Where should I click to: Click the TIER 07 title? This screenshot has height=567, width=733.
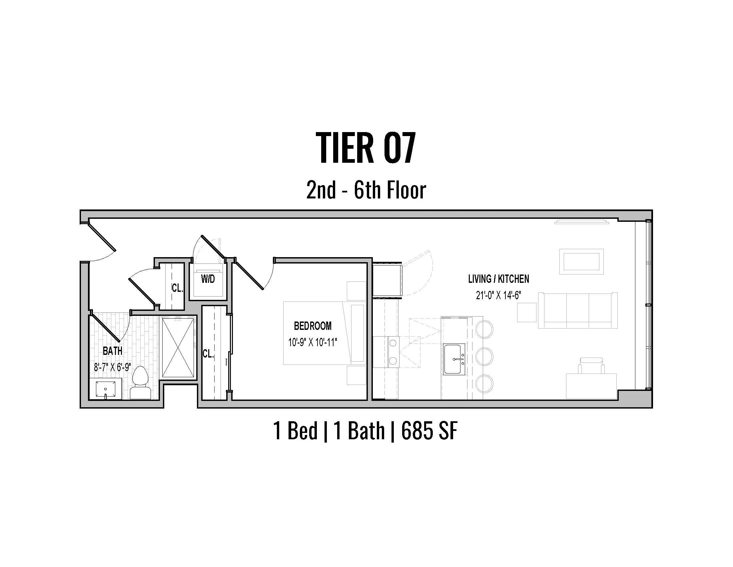pyautogui.click(x=366, y=148)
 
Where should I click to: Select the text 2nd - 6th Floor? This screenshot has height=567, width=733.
pyautogui.click(x=366, y=190)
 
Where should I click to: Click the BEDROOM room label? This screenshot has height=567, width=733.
pyautogui.click(x=313, y=326)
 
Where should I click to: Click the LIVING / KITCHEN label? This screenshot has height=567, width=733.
pyautogui.click(x=498, y=279)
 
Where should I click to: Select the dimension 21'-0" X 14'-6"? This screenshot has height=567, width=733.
pyautogui.click(x=498, y=295)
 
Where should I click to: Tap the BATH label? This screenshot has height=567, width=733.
pyautogui.click(x=112, y=351)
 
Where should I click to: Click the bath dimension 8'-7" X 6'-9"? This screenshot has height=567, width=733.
pyautogui.click(x=112, y=367)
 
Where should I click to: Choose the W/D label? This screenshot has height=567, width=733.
pyautogui.click(x=208, y=279)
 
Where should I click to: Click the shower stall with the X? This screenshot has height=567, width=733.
pyautogui.click(x=178, y=348)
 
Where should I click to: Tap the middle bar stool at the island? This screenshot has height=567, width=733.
pyautogui.click(x=484, y=357)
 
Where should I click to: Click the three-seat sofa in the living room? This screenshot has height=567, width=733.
pyautogui.click(x=577, y=311)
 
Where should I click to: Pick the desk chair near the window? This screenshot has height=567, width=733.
pyautogui.click(x=591, y=366)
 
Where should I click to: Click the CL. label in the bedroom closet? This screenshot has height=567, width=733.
pyautogui.click(x=208, y=354)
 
